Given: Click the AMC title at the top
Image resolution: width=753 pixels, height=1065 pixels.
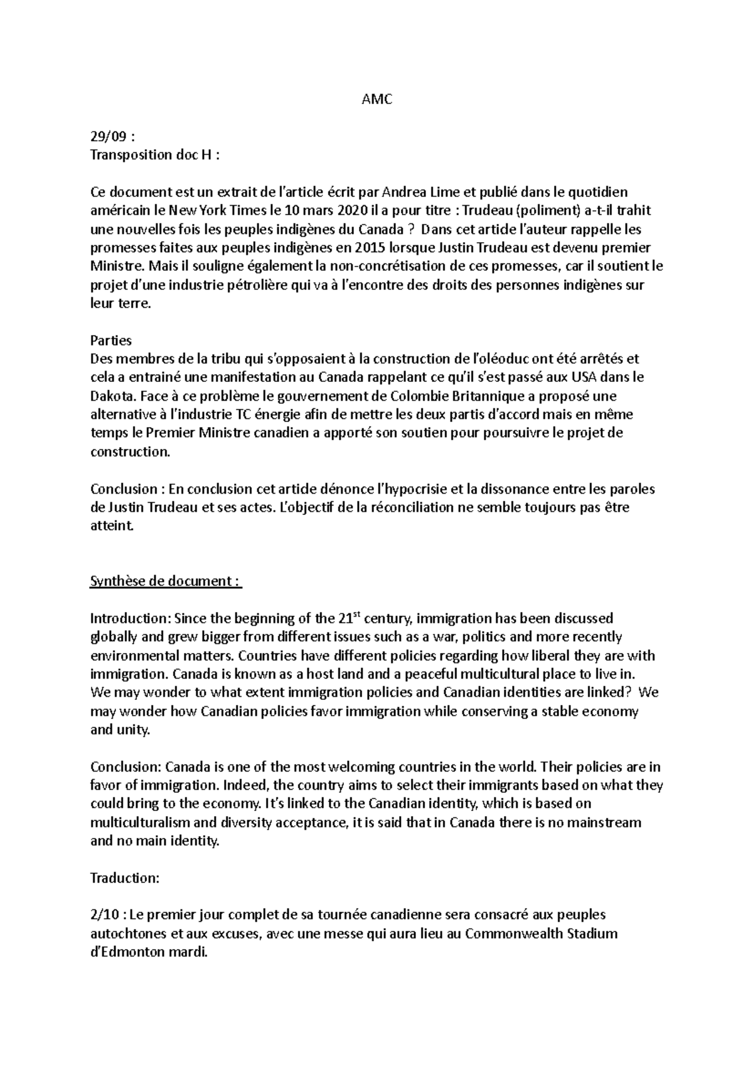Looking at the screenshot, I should [x=376, y=99].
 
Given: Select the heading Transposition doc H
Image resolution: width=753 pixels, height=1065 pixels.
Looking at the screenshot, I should [x=154, y=155].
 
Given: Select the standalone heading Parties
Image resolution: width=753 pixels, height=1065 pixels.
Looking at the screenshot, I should [x=111, y=340].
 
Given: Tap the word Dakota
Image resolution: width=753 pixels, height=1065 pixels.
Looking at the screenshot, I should [x=112, y=396].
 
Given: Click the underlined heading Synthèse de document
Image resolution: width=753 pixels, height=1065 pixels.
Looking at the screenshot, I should [x=166, y=581].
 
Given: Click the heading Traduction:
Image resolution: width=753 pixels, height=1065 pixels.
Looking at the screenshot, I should [x=125, y=878].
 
